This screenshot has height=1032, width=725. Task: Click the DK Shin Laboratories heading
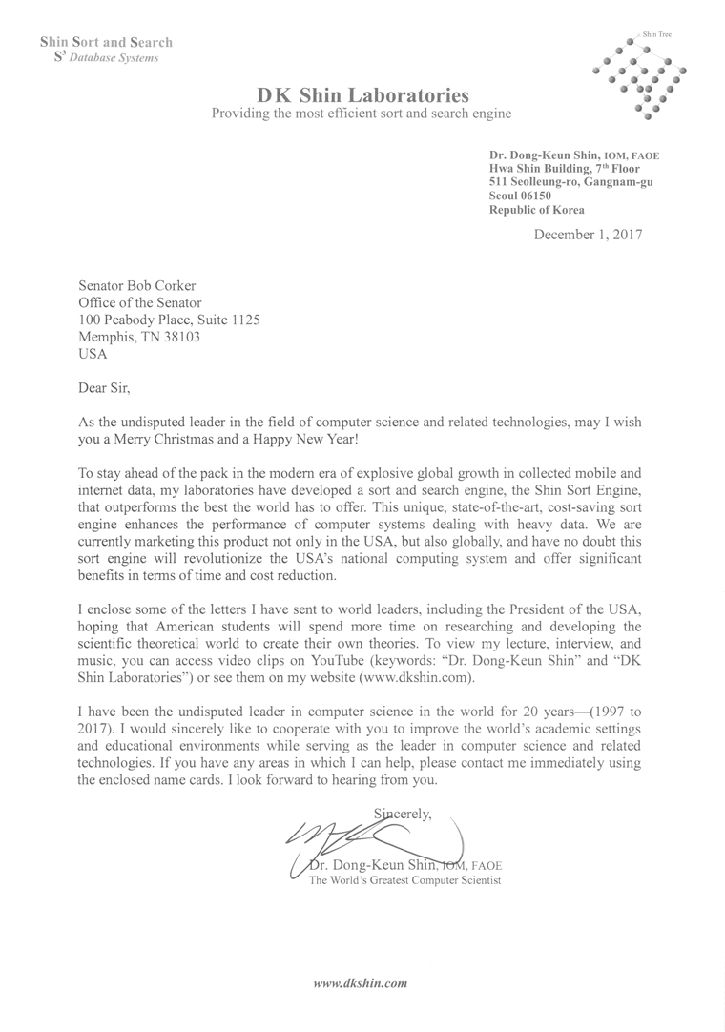pos(362,95)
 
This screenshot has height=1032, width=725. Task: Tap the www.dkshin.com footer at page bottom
pos(362,981)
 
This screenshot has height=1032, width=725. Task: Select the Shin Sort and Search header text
pos(106,42)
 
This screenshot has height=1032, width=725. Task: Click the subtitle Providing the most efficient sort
pos(362,114)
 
